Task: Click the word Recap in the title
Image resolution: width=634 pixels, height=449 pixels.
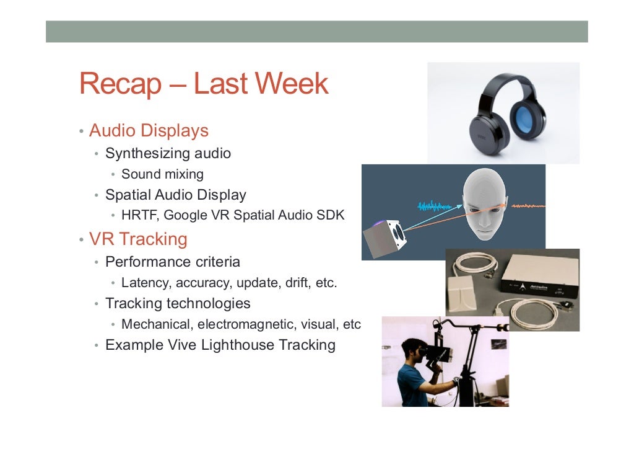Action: (x=119, y=84)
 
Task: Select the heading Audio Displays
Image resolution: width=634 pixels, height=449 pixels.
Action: (x=149, y=131)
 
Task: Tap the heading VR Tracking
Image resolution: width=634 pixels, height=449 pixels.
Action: (x=138, y=239)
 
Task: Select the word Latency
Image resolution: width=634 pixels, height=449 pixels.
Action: (x=146, y=283)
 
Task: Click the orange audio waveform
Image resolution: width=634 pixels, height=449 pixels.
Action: (x=526, y=205)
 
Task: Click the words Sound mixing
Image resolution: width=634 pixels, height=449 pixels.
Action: (x=162, y=174)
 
